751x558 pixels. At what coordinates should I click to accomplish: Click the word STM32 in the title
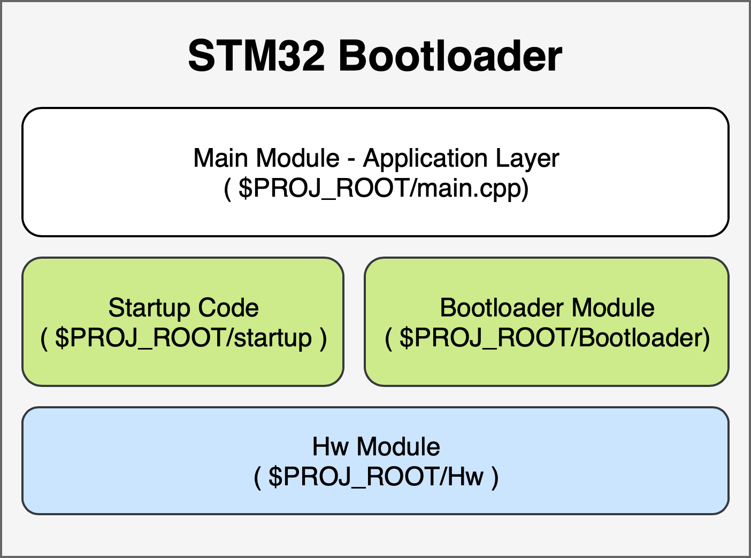[x=256, y=56]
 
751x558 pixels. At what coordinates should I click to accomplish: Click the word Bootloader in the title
[x=450, y=56]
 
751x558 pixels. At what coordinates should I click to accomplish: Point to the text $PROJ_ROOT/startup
[x=183, y=338]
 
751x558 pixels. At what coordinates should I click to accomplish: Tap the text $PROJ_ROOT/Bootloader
[x=550, y=338]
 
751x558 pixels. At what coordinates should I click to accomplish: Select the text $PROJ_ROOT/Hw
[x=376, y=476]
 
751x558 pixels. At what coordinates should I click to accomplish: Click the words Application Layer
[x=461, y=159]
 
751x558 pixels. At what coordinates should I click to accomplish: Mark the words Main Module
[x=266, y=159]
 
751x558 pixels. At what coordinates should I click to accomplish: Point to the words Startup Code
[x=183, y=308]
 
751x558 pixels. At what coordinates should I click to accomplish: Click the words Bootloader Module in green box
[x=547, y=308]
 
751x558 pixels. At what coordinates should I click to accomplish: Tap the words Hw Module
[x=376, y=447]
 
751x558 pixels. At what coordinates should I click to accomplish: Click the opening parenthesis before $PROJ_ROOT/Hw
[x=257, y=477]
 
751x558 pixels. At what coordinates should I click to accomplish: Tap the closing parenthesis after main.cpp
[x=525, y=189]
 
